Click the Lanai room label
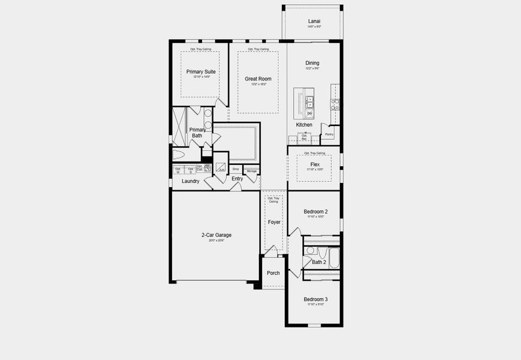pyautogui.click(x=314, y=21)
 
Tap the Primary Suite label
pyautogui.click(x=201, y=71)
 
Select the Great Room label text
pyautogui.click(x=258, y=79)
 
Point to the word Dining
pyautogui.click(x=312, y=63)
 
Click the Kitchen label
pyautogui.click(x=304, y=125)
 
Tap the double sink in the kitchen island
pyautogui.click(x=310, y=100)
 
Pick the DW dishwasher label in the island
pyautogui.click(x=310, y=113)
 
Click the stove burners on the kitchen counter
pyautogui.click(x=335, y=104)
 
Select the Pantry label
pyautogui.click(x=329, y=135)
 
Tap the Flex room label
pyautogui.click(x=315, y=164)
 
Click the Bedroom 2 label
pyautogui.click(x=315, y=211)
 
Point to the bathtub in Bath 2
pyautogui.click(x=333, y=259)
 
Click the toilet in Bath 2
pyautogui.click(x=310, y=251)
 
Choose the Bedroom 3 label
pyautogui.click(x=315, y=299)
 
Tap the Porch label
pyautogui.click(x=273, y=273)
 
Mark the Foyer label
pyautogui.click(x=274, y=222)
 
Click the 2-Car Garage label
pyautogui.click(x=216, y=235)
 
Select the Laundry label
pyautogui.click(x=191, y=181)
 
